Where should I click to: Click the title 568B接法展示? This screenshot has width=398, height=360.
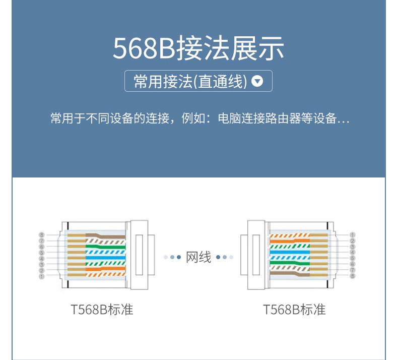198,48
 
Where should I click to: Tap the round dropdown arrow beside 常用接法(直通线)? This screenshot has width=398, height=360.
257,81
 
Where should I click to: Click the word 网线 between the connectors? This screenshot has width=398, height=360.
198,257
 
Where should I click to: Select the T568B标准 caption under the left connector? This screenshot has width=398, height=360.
102,310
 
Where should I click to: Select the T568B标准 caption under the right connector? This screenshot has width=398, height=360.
294,310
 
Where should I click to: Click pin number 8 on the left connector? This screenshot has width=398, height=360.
42,235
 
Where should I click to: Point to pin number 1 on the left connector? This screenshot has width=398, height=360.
42,276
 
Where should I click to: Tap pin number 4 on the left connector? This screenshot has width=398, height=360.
42,259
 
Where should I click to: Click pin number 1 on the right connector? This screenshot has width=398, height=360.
353,235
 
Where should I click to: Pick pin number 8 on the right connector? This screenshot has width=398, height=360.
353,276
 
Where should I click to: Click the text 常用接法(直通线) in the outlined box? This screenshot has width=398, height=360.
190,81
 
